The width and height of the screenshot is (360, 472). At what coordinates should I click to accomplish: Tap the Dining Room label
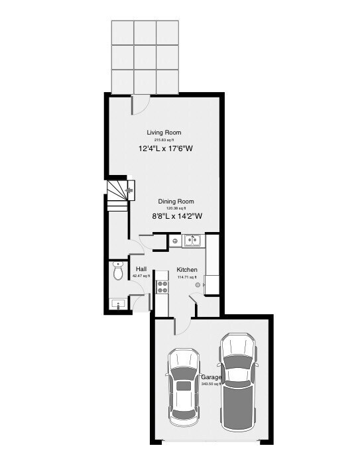tap(176, 202)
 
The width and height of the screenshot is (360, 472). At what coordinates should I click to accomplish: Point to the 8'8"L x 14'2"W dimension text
tap(176, 215)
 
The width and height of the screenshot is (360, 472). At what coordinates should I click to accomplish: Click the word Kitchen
tap(187, 269)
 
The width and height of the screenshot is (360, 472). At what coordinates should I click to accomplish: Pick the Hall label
tap(141, 268)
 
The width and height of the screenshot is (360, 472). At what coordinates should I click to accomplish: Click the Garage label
tap(212, 377)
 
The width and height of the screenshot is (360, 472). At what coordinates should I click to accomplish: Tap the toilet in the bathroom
tap(119, 271)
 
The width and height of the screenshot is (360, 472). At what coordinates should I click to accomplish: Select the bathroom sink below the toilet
tap(118, 304)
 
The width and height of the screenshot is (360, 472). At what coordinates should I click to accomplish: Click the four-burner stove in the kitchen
tap(161, 286)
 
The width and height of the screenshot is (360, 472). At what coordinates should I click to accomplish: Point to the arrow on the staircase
tap(129, 190)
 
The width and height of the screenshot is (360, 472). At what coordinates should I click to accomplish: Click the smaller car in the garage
tap(183, 387)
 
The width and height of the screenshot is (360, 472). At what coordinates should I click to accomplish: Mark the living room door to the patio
tap(140, 103)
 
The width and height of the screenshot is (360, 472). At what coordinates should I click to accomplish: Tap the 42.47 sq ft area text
tap(141, 276)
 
